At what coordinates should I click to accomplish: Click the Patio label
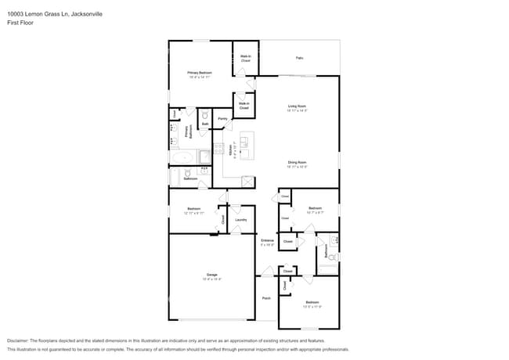[x=299, y=58]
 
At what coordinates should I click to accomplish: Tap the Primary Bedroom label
[x=200, y=72]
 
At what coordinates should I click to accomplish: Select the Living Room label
[x=297, y=106]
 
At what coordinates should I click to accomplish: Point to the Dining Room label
[x=297, y=162]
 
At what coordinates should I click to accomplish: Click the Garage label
[x=211, y=275]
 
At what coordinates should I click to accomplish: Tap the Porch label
[x=266, y=297]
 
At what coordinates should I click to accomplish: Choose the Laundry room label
[x=241, y=220]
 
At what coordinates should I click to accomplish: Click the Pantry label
[x=222, y=119]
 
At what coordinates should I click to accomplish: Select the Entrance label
[x=267, y=240]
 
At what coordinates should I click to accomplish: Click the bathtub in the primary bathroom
[x=184, y=157]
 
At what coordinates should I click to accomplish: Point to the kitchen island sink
[x=244, y=143]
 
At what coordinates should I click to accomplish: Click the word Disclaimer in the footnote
[x=18, y=341]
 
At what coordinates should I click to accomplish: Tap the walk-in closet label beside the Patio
[x=245, y=57]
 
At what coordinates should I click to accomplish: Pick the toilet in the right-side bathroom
[x=332, y=257]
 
